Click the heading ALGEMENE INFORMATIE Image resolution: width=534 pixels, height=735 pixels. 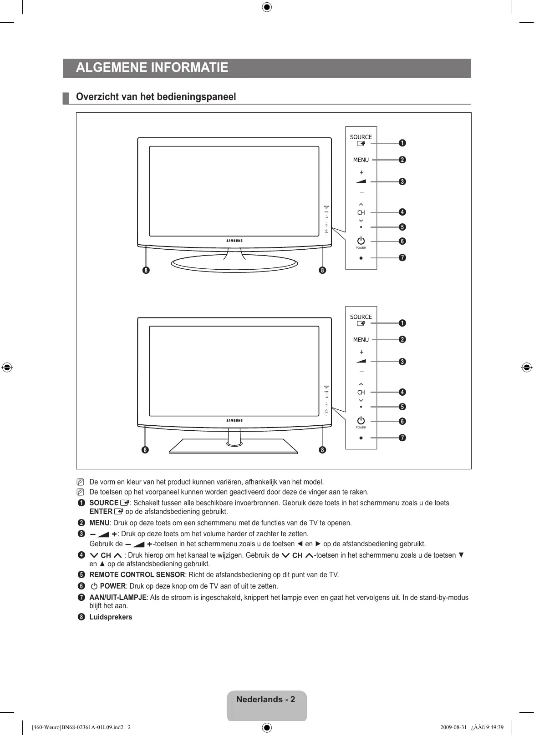pos(152,68)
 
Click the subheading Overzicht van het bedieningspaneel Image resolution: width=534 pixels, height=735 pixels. pos(156,97)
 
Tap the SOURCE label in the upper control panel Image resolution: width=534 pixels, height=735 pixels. pos(361,137)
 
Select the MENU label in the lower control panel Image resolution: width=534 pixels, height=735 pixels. pos(361,340)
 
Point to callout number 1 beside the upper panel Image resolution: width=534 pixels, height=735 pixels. pos(402,143)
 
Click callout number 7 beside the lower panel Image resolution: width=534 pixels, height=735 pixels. pos(402,438)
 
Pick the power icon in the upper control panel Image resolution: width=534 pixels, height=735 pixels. pos(361,241)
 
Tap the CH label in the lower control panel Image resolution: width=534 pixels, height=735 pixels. pos(361,392)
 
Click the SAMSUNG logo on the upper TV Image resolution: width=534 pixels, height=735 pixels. pos(234,241)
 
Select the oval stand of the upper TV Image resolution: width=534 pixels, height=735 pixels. pos(234,263)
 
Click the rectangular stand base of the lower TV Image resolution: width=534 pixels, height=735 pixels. pos(233,446)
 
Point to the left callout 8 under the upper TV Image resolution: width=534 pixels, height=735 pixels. pos(145,270)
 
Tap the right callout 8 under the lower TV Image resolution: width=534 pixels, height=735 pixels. pos(322,450)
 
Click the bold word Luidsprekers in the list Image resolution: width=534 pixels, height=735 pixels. pos(111,617)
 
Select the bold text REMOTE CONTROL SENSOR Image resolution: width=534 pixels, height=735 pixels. pos(137,575)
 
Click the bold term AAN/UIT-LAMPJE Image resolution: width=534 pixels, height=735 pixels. pos(118,597)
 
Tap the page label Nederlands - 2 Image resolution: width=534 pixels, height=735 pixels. pos(266,700)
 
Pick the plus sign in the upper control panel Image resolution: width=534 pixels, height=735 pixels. pos(361,172)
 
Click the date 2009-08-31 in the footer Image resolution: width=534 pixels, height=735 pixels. pos(453,727)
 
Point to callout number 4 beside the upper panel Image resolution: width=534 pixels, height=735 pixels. pos(402,212)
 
